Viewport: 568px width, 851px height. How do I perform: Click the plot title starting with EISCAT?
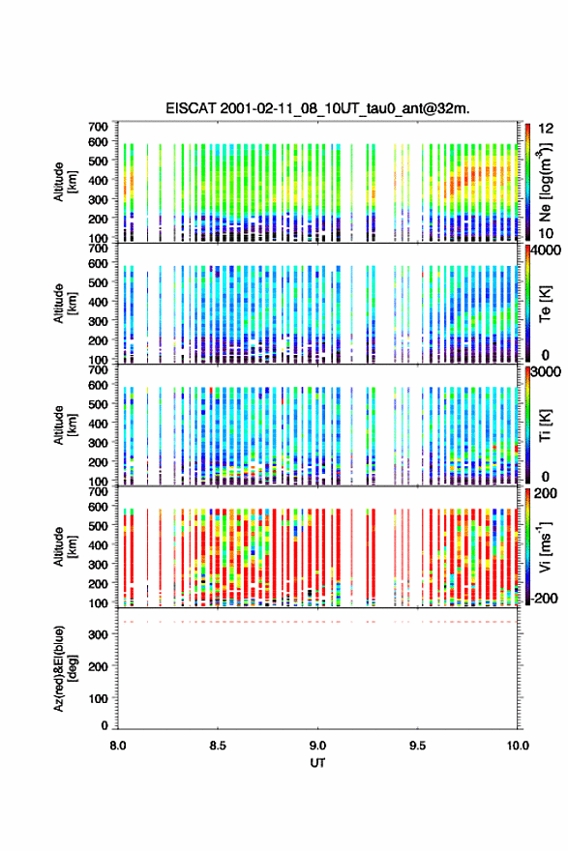pyautogui.click(x=317, y=108)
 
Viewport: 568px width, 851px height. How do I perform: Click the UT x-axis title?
pyautogui.click(x=317, y=763)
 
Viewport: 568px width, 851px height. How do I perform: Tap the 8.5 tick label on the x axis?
pyautogui.click(x=218, y=746)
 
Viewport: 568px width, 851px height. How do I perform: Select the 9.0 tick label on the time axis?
pyautogui.click(x=317, y=746)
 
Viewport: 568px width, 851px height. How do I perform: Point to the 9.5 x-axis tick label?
pyautogui.click(x=418, y=746)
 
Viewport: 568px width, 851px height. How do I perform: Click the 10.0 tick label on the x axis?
pyautogui.click(x=518, y=746)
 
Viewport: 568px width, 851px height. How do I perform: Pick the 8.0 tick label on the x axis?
pyautogui.click(x=118, y=746)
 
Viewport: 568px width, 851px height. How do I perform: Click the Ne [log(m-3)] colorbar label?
pyautogui.click(x=545, y=182)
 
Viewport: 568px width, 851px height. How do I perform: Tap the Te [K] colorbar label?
pyautogui.click(x=545, y=304)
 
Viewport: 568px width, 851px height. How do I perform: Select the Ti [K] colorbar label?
pyautogui.click(x=545, y=425)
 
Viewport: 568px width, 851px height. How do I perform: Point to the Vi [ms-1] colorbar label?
pyautogui.click(x=545, y=547)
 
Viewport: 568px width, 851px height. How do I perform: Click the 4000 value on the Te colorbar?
pyautogui.click(x=547, y=250)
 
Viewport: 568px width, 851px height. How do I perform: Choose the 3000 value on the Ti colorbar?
pyautogui.click(x=547, y=372)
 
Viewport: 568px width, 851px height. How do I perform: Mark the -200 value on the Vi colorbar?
pyautogui.click(x=545, y=598)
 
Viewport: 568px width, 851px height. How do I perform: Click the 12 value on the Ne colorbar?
pyautogui.click(x=547, y=129)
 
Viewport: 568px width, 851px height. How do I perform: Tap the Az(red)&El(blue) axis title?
pyautogui.click(x=64, y=668)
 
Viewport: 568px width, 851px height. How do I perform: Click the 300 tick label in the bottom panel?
pyautogui.click(x=99, y=634)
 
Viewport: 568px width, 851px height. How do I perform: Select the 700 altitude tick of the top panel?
pyautogui.click(x=99, y=127)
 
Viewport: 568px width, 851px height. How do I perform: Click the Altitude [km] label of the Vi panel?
pyautogui.click(x=64, y=547)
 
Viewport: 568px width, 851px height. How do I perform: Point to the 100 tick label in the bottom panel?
pyautogui.click(x=99, y=698)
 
